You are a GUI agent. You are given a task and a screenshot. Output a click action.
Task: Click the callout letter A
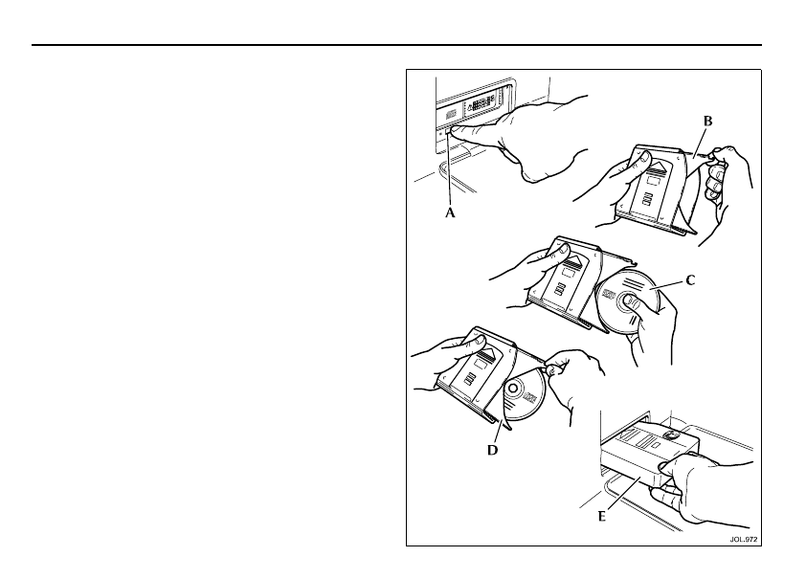pyautogui.click(x=450, y=212)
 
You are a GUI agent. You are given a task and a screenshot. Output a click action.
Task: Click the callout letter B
pyautogui.click(x=707, y=122)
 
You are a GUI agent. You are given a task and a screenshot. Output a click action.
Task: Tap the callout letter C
pyautogui.click(x=690, y=280)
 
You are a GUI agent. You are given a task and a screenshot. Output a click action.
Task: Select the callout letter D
pyautogui.click(x=492, y=450)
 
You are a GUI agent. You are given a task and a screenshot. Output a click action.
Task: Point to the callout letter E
pyautogui.click(x=602, y=517)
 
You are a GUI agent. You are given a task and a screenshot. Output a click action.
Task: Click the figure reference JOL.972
pyautogui.click(x=743, y=540)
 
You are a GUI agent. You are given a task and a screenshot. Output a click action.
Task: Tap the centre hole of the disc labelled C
pyautogui.click(x=628, y=301)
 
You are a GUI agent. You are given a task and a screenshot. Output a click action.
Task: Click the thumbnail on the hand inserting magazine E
pyautogui.click(x=664, y=466)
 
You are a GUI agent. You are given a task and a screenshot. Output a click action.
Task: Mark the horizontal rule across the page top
pyautogui.click(x=396, y=45)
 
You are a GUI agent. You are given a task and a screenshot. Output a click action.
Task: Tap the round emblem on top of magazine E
pyautogui.click(x=670, y=435)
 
